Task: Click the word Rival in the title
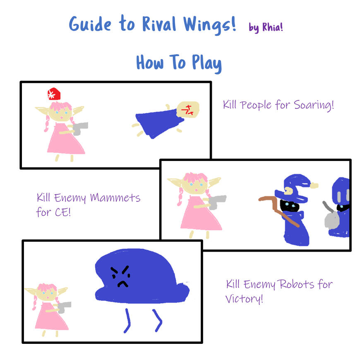(154, 24)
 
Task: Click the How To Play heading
(179, 63)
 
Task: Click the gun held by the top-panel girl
(81, 128)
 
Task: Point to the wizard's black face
(290, 206)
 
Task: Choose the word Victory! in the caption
(244, 298)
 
